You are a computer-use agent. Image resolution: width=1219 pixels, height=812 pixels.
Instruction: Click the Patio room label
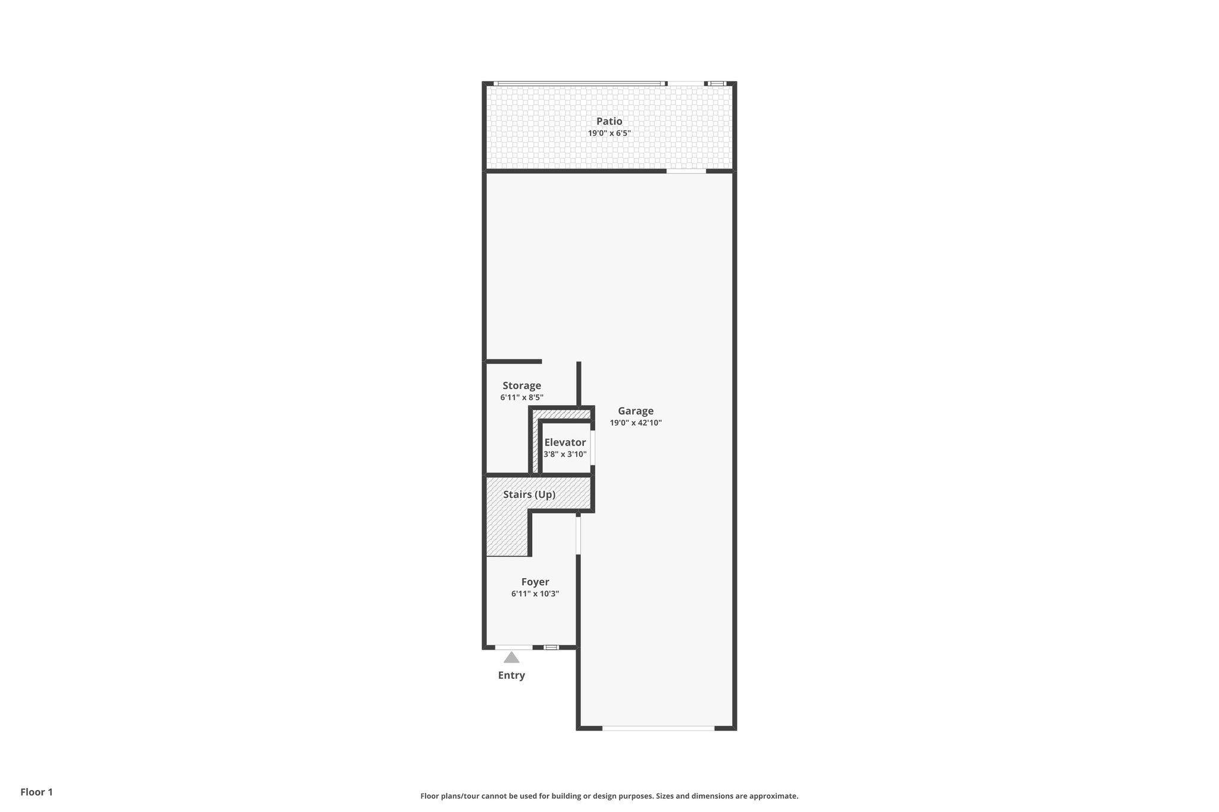(609, 121)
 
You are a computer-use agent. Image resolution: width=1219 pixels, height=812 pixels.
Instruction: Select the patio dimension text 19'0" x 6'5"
(609, 133)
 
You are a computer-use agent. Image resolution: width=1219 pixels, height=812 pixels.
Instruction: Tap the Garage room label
(635, 410)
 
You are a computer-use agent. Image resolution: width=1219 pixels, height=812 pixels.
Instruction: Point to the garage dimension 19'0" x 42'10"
(635, 423)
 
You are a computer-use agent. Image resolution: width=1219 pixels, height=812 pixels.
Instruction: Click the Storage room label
(521, 385)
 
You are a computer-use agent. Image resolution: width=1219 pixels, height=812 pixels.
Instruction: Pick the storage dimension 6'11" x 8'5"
(521, 397)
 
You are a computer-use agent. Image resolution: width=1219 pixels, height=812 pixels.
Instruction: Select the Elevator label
(565, 442)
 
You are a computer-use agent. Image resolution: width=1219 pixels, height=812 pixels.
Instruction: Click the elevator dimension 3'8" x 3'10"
(565, 454)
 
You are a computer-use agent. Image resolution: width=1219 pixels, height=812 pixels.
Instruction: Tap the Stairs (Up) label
(529, 494)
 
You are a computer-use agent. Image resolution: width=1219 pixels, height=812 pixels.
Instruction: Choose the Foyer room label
(535, 582)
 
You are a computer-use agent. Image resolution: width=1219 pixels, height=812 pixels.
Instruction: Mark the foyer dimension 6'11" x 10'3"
(535, 594)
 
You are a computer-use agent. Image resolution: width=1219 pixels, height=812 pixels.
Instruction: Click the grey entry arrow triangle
(511, 657)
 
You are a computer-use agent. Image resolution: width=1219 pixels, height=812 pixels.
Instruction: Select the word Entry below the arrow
(511, 675)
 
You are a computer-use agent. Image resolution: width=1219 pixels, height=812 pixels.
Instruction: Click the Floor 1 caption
(37, 792)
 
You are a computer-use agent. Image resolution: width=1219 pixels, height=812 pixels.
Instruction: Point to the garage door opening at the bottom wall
(658, 728)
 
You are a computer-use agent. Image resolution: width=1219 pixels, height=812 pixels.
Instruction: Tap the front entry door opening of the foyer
(514, 647)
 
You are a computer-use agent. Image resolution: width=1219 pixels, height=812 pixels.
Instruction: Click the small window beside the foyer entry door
(552, 647)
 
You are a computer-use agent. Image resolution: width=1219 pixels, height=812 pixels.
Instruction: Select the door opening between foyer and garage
(578, 535)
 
